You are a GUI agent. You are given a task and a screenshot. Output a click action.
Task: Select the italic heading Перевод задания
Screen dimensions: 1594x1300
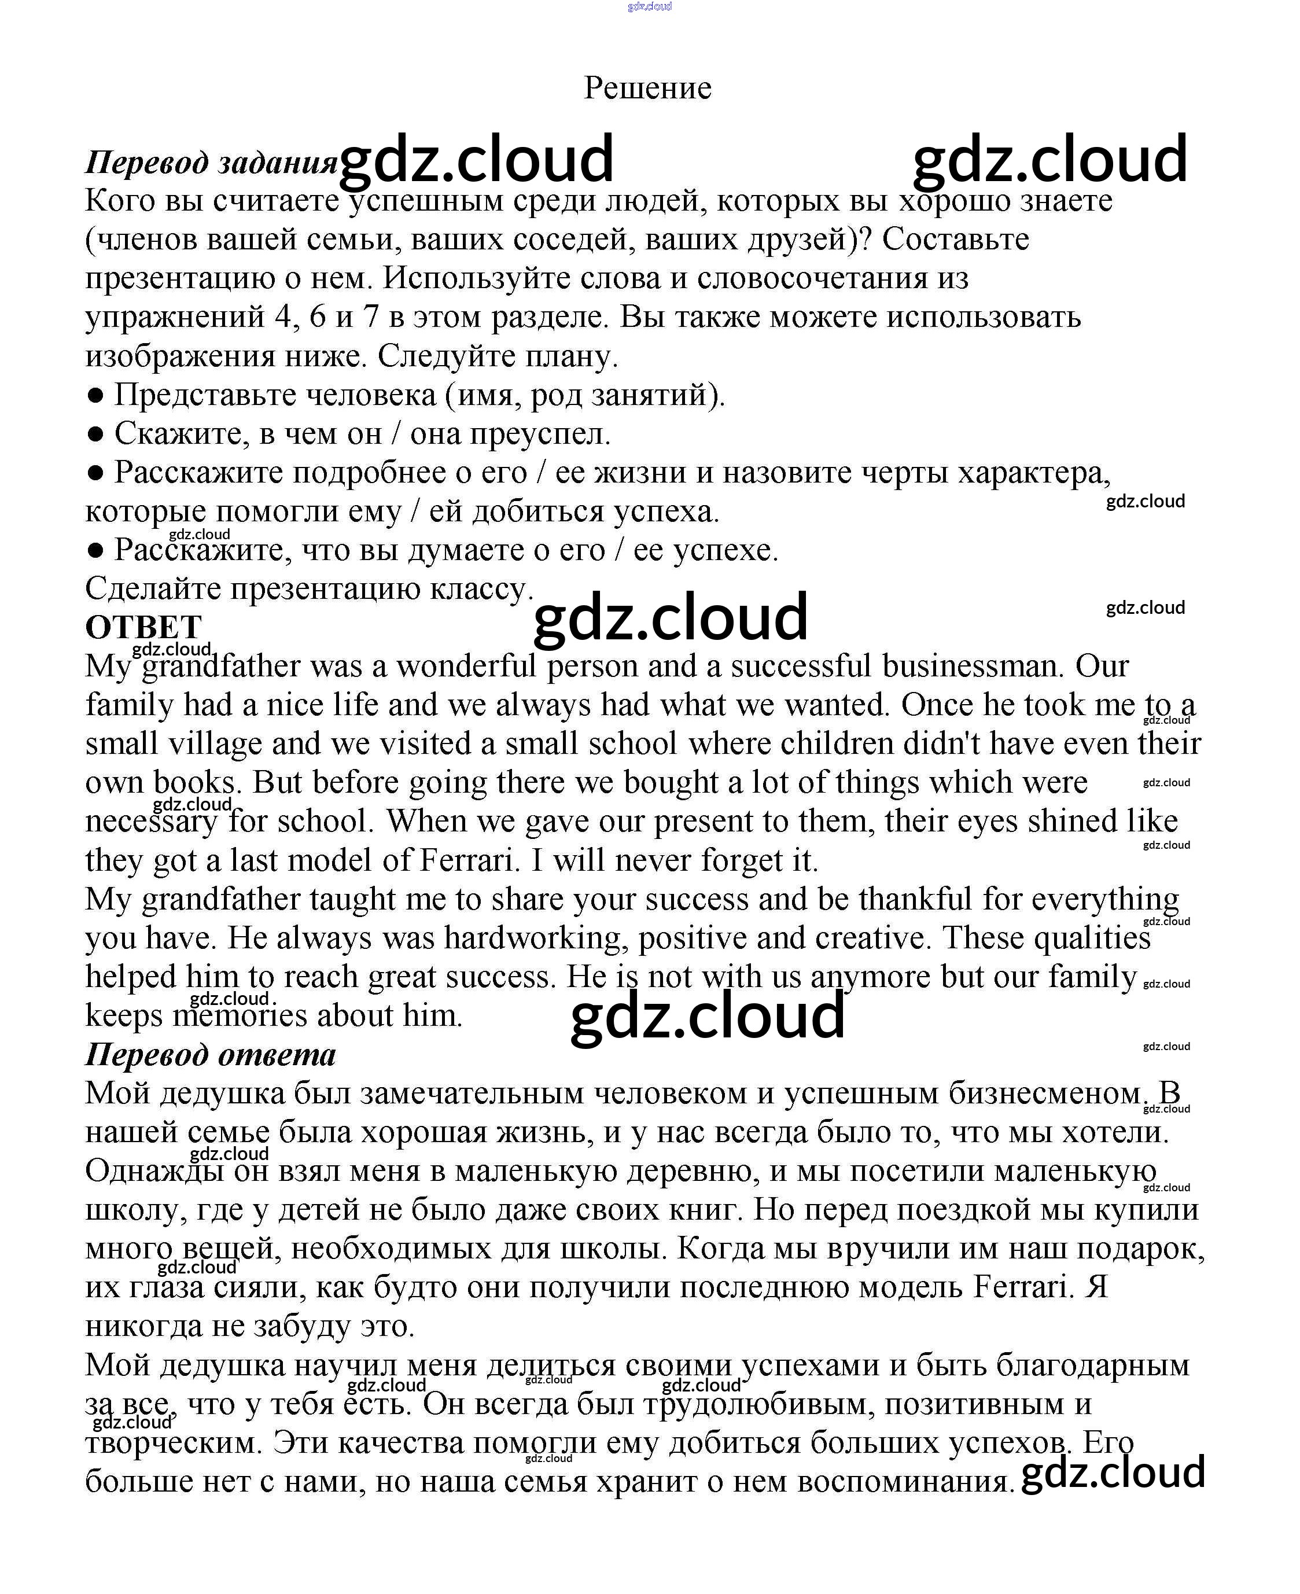(x=211, y=162)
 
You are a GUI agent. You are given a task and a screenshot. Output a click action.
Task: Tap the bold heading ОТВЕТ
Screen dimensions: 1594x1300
(x=143, y=627)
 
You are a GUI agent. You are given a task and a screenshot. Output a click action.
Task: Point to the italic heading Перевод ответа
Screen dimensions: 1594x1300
(x=211, y=1055)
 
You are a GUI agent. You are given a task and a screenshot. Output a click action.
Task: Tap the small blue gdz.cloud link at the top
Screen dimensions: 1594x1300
(x=649, y=7)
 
